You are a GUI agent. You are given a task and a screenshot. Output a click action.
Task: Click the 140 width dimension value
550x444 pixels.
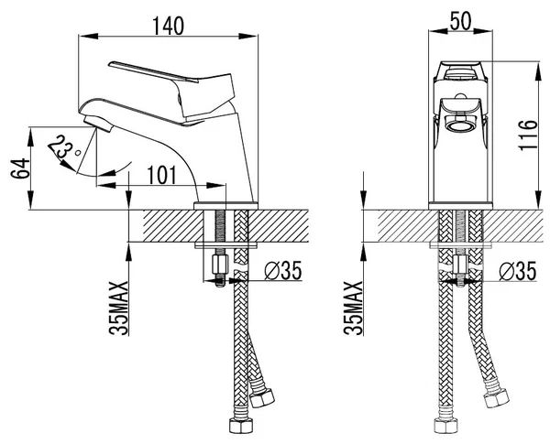[166, 26]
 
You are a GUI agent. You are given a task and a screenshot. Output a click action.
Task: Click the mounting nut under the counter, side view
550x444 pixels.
[219, 268]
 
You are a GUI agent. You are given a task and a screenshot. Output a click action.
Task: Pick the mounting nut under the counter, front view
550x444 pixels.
[461, 268]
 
